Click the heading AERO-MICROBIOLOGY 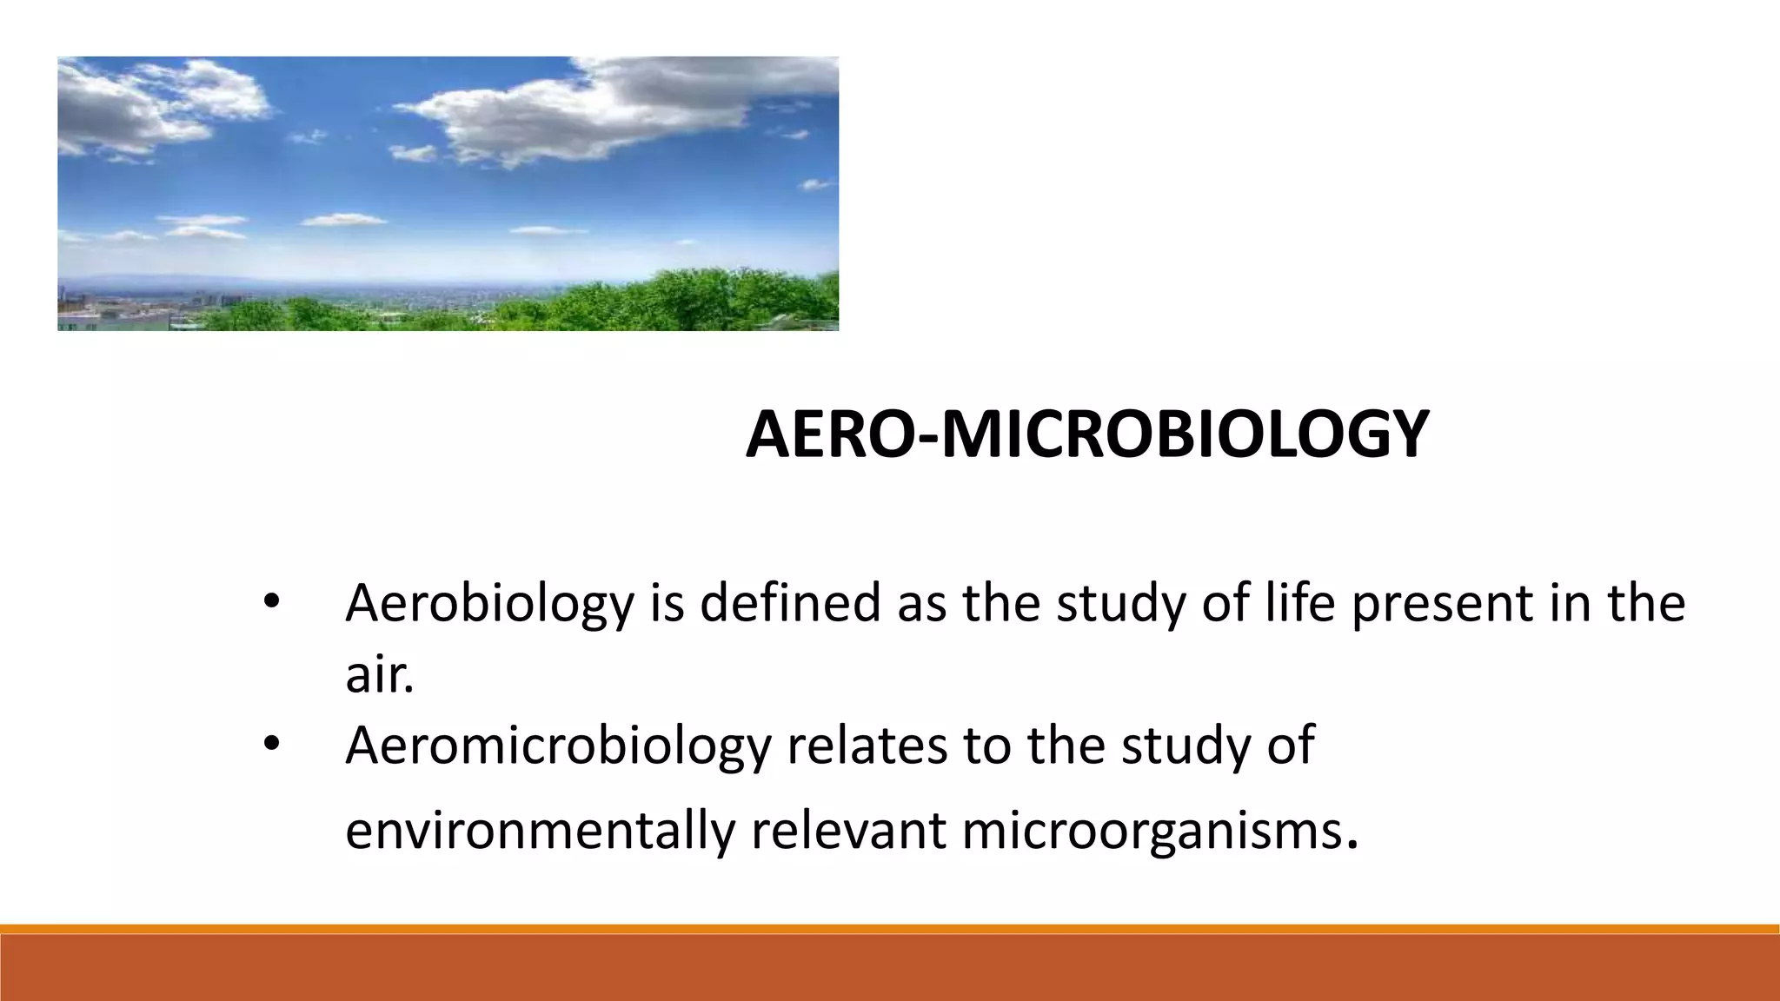click(1086, 434)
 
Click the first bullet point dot click(271, 602)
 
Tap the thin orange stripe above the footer click(890, 929)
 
